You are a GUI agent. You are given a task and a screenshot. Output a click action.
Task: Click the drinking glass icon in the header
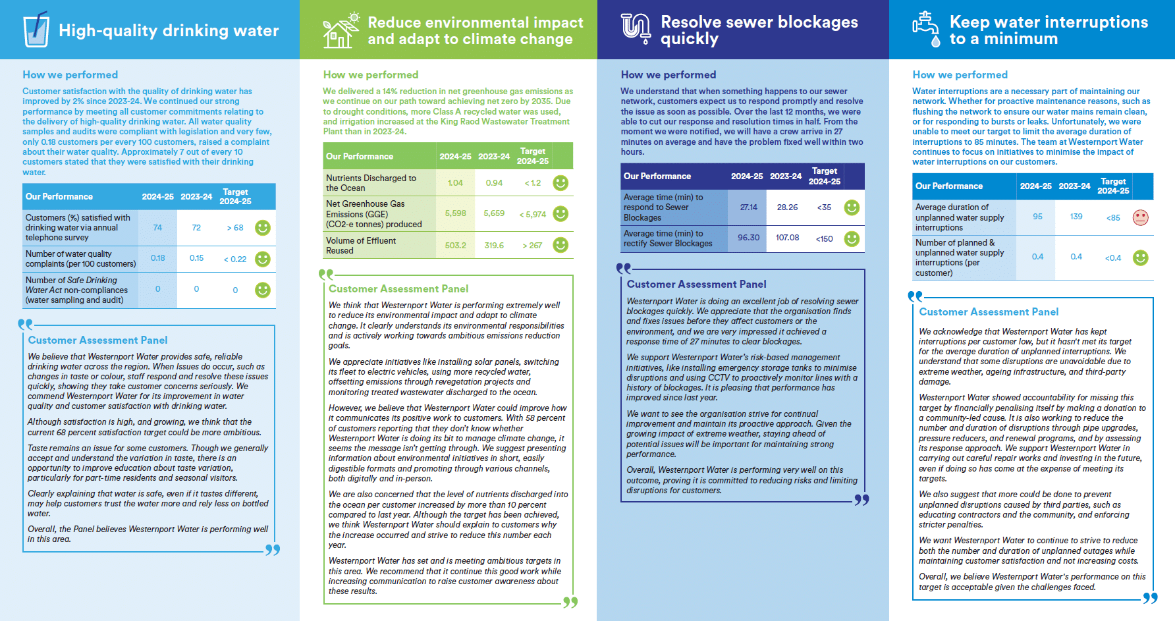36,30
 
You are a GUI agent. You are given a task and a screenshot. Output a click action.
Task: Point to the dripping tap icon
926,30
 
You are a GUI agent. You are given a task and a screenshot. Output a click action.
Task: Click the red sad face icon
1140,217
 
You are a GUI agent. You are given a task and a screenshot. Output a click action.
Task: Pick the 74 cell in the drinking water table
157,228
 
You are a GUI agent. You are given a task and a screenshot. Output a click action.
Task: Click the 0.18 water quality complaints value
157,258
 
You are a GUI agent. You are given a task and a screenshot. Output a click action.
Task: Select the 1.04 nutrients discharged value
455,183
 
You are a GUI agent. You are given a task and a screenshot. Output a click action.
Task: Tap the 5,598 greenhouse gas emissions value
455,213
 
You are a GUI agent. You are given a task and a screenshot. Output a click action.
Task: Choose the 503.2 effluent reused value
455,246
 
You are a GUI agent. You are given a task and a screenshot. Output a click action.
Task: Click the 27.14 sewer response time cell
748,207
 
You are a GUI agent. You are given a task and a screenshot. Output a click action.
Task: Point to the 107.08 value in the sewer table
787,238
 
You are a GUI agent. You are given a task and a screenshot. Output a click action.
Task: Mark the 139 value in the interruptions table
1076,217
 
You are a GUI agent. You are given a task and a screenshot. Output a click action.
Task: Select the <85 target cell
1113,217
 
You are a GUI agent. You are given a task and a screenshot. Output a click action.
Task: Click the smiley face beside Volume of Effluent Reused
560,245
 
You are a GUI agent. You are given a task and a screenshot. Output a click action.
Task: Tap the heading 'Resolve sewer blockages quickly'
759,30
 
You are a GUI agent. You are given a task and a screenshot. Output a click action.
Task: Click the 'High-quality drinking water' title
169,30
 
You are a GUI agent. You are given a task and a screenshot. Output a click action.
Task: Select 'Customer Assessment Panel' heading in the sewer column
696,284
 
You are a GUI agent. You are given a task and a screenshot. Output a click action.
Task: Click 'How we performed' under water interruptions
960,75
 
